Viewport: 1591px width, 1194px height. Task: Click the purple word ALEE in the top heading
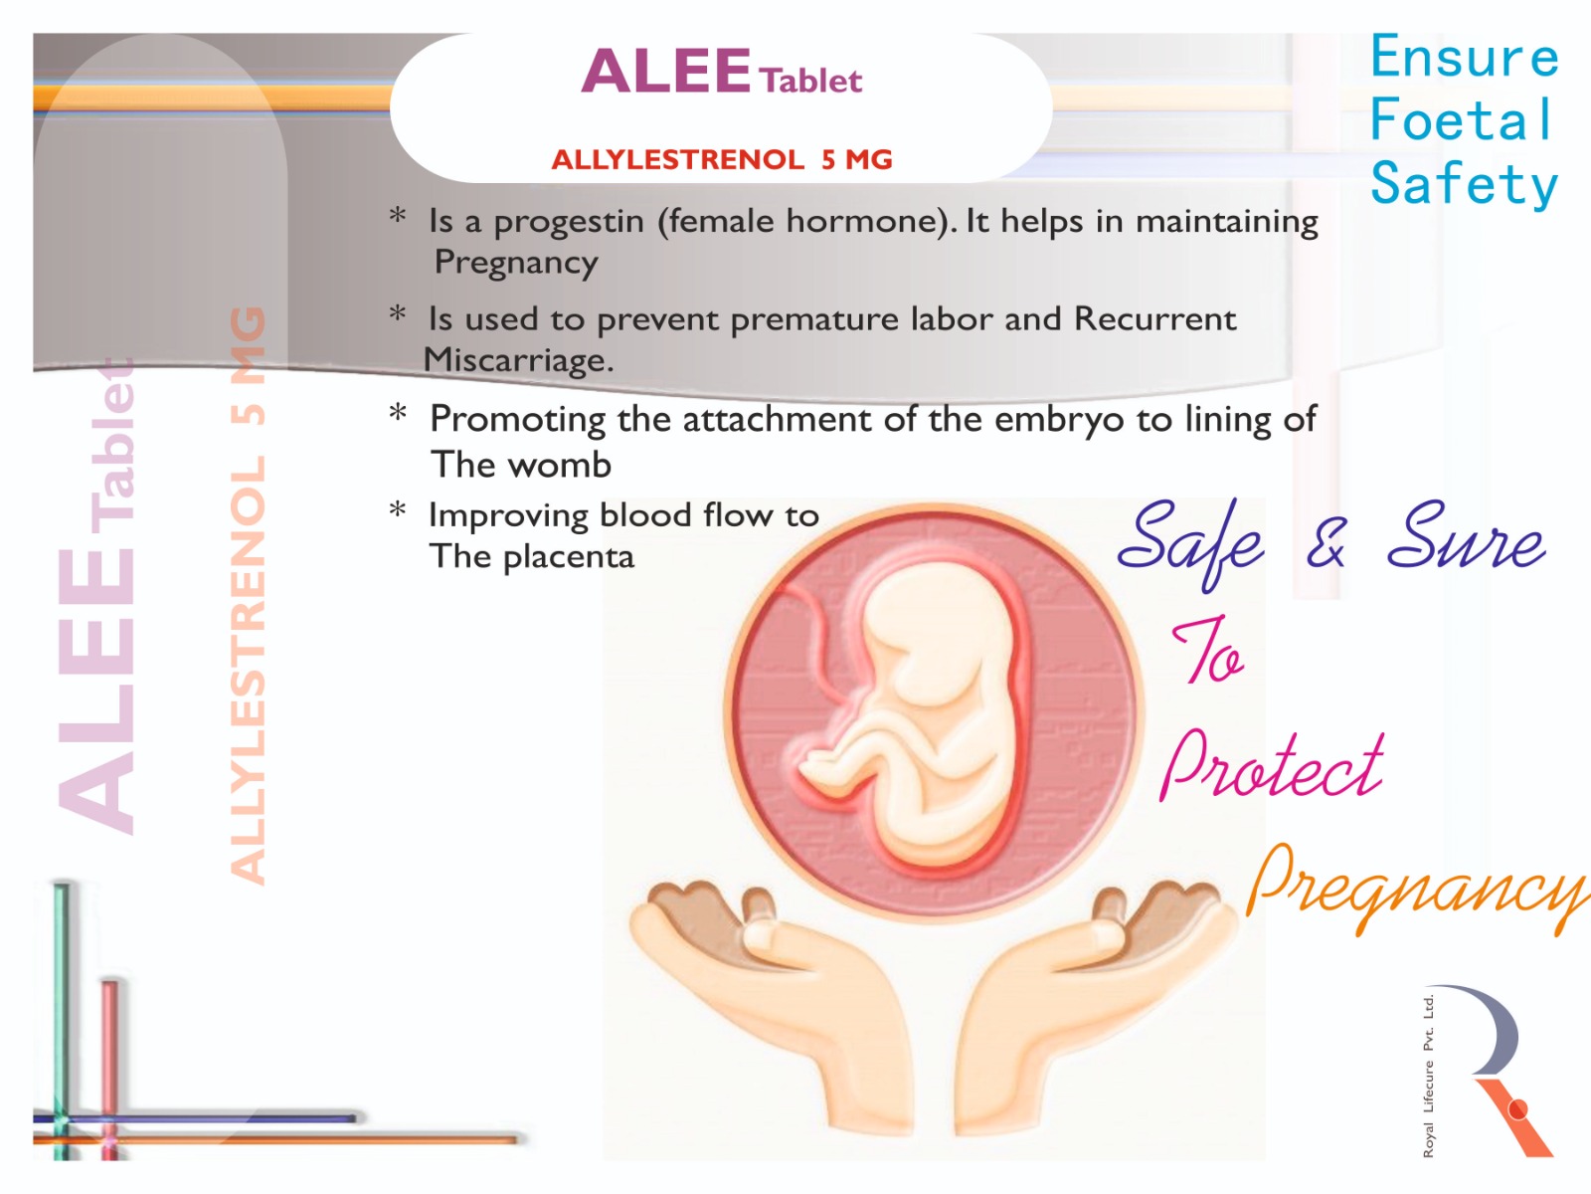pyautogui.click(x=665, y=71)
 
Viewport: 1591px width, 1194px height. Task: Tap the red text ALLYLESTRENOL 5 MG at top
pyautogui.click(x=722, y=159)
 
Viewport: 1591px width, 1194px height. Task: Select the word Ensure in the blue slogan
pyautogui.click(x=1464, y=57)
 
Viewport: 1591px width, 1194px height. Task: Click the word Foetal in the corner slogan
pyautogui.click(x=1462, y=119)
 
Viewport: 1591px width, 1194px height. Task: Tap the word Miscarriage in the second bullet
pyautogui.click(x=518, y=359)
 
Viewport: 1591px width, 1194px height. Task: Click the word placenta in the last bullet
pyautogui.click(x=569, y=557)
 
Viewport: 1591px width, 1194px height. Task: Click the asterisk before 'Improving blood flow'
pyautogui.click(x=397, y=509)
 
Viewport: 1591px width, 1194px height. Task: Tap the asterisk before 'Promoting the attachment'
pyautogui.click(x=397, y=413)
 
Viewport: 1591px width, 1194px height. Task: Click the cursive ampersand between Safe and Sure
pyautogui.click(x=1326, y=542)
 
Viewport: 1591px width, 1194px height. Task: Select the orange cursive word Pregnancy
pyautogui.click(x=1417, y=889)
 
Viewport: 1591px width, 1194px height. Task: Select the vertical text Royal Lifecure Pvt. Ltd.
pyautogui.click(x=1428, y=1077)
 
